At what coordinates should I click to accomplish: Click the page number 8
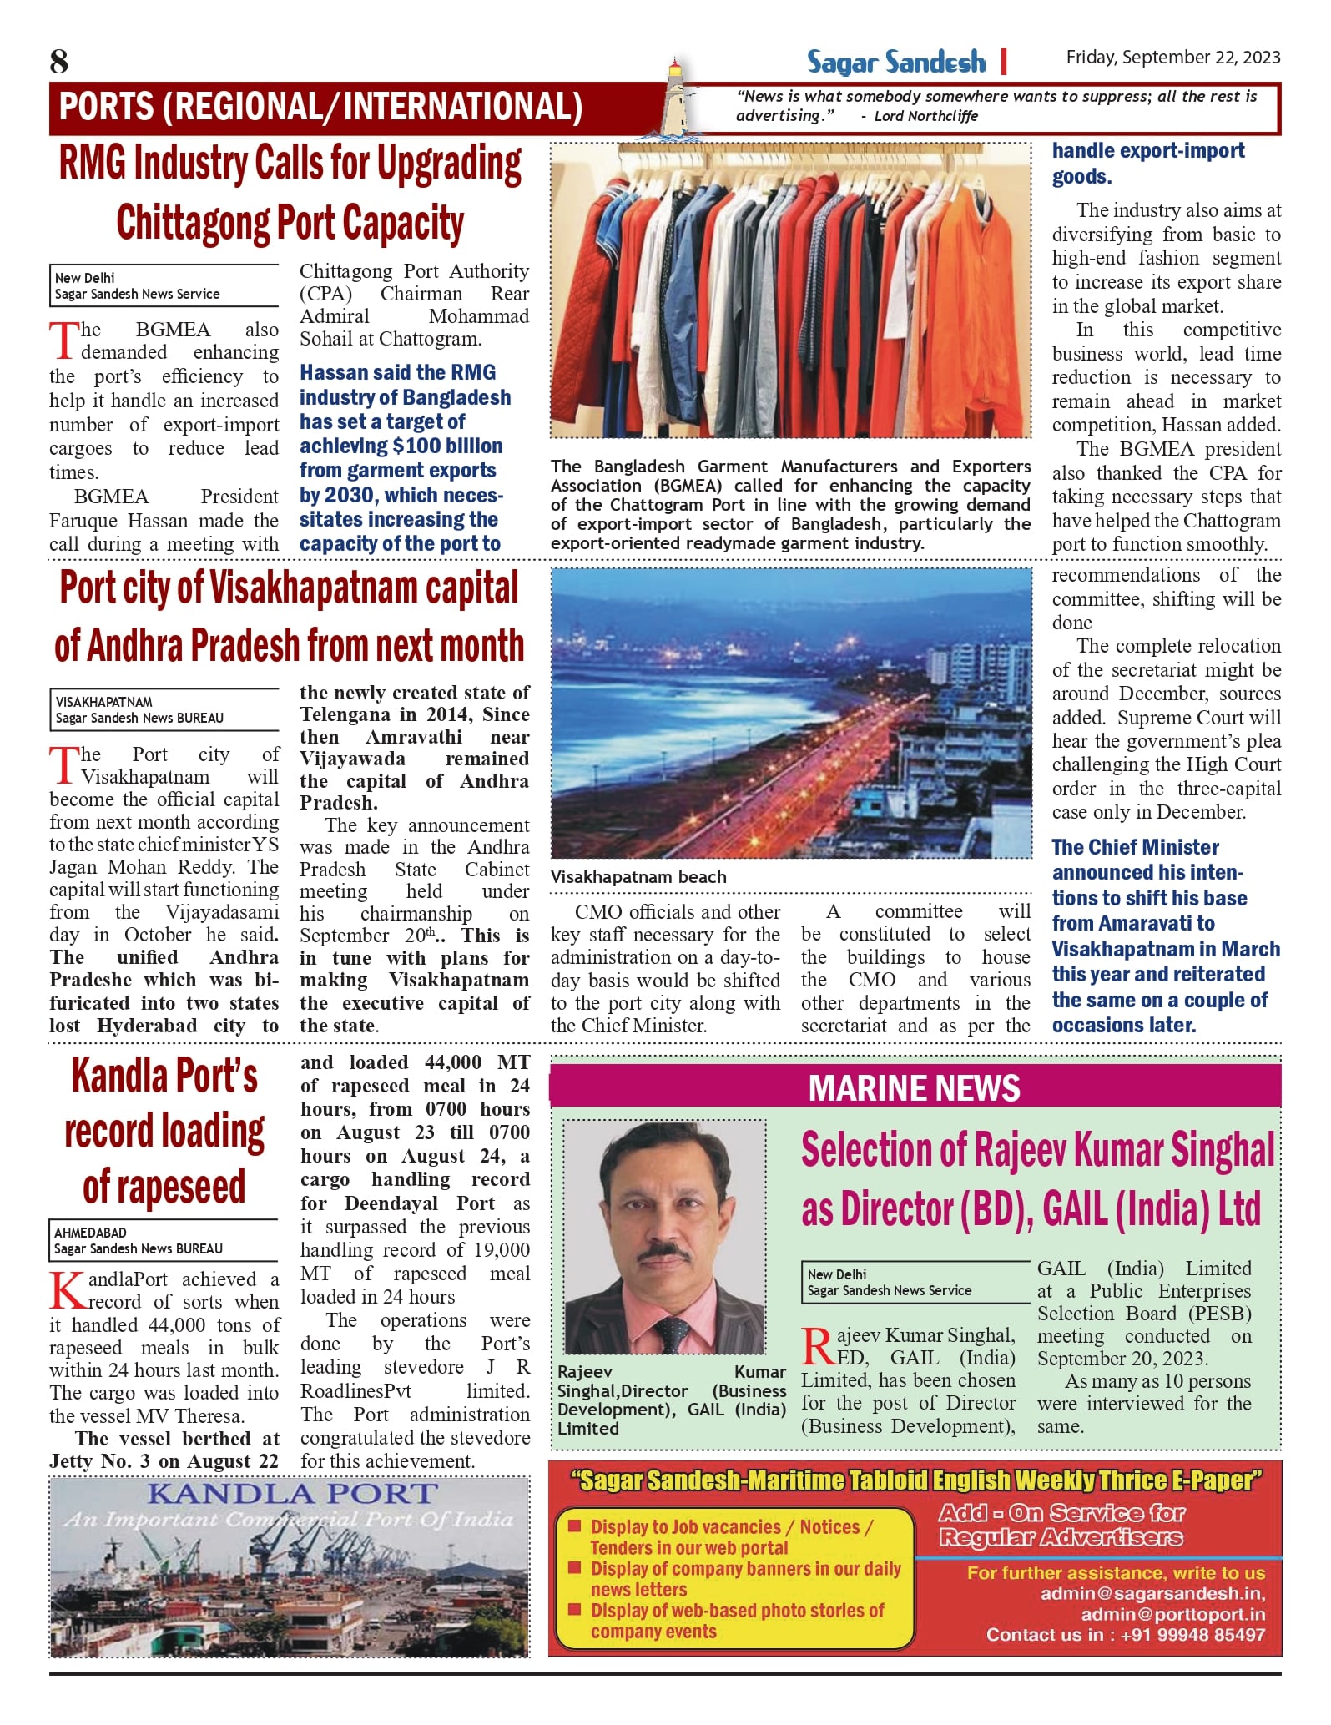click(x=59, y=62)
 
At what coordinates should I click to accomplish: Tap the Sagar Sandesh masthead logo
click(x=895, y=63)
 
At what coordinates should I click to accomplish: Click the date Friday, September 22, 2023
click(x=1172, y=57)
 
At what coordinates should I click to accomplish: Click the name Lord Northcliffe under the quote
click(x=925, y=116)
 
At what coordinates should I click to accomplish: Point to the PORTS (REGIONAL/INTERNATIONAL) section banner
click(x=320, y=107)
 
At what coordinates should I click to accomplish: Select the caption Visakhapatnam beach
click(x=638, y=877)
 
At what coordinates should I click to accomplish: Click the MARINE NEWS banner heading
click(x=914, y=1088)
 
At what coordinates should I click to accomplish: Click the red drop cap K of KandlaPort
click(x=67, y=1290)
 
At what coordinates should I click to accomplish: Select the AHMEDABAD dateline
click(x=91, y=1233)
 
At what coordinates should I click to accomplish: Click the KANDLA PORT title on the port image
click(x=292, y=1494)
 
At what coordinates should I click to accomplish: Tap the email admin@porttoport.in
click(x=1172, y=1614)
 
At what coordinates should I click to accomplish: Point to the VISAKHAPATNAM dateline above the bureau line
click(x=103, y=702)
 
